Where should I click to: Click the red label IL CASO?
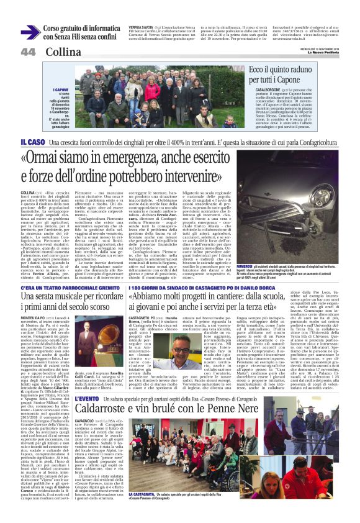point(32,142)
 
